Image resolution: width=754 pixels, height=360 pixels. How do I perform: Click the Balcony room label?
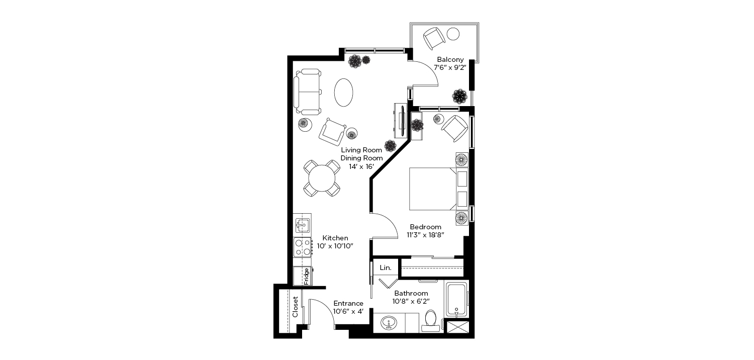450,60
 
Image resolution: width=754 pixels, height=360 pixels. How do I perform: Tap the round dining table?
322,178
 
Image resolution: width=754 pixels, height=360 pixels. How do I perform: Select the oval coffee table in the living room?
344,93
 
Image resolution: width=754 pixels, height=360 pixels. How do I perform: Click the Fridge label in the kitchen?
306,276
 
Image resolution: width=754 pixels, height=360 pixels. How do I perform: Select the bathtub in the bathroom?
456,300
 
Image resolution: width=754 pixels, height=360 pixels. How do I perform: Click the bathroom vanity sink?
389,323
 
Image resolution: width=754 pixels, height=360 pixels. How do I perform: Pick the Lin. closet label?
386,267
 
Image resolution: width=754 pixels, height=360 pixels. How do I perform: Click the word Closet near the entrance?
295,307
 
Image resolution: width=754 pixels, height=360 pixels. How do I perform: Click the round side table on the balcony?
453,34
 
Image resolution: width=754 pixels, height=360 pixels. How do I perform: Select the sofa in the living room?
307,92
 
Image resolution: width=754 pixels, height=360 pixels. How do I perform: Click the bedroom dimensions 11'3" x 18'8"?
425,235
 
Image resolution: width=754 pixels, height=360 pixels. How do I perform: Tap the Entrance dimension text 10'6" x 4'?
348,312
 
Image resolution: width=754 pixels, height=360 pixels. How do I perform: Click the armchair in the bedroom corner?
454,128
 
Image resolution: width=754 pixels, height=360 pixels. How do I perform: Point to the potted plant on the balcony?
459,97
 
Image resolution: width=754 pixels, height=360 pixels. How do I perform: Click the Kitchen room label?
335,238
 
